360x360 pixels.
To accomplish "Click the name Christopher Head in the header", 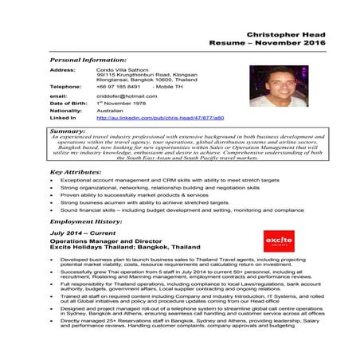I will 280,36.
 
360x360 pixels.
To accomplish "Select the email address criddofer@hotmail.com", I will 127,96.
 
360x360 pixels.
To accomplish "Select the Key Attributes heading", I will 75,171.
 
